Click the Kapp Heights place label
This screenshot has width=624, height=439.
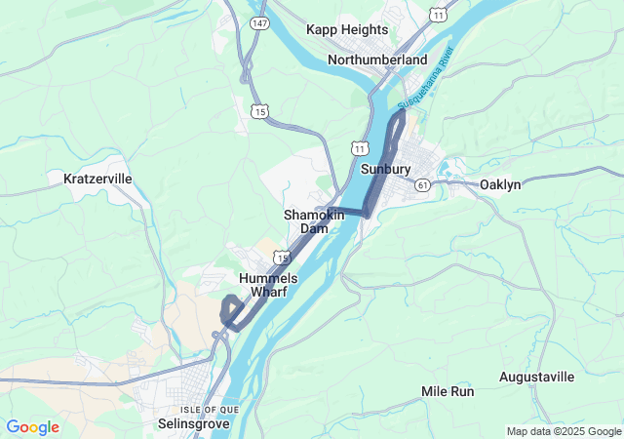point(347,30)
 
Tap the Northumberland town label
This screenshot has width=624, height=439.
point(377,60)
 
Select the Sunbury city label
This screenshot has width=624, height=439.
point(385,169)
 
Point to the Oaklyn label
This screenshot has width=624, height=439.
point(500,184)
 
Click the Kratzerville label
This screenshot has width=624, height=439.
point(97,179)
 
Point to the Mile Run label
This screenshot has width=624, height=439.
point(448,391)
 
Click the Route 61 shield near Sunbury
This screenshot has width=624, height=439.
point(422,184)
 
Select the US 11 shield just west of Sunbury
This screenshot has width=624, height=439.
point(361,148)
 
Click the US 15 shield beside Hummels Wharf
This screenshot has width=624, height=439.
point(281,257)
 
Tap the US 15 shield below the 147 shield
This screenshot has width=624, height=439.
point(259,112)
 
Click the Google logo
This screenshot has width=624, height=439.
point(32,427)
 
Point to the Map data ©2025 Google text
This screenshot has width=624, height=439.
point(563,431)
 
